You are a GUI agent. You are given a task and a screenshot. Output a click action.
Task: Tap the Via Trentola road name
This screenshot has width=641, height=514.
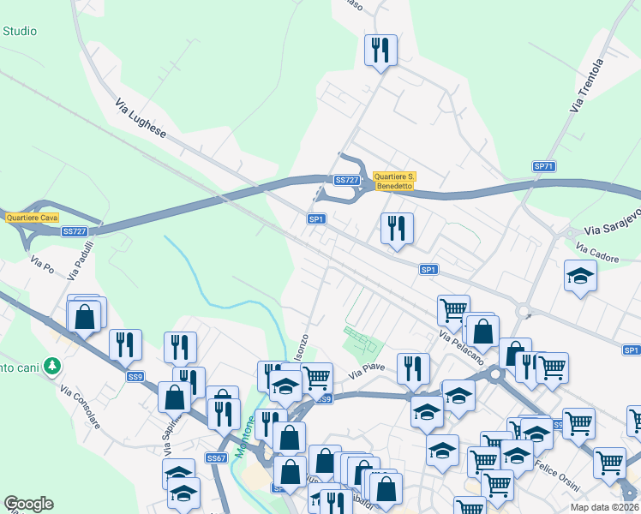click(x=587, y=85)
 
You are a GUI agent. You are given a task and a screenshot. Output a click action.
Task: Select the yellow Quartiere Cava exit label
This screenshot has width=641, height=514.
click(x=32, y=218)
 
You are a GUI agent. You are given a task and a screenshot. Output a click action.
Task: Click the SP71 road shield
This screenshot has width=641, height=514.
click(x=544, y=166)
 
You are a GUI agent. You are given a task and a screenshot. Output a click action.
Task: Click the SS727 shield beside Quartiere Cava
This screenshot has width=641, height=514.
click(x=75, y=231)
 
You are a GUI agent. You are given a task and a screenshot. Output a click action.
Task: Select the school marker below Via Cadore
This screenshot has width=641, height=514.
click(x=580, y=276)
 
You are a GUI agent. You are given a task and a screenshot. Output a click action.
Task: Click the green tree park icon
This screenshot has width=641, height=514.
click(x=53, y=366)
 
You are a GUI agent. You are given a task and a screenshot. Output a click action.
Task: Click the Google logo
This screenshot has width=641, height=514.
click(x=29, y=504)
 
